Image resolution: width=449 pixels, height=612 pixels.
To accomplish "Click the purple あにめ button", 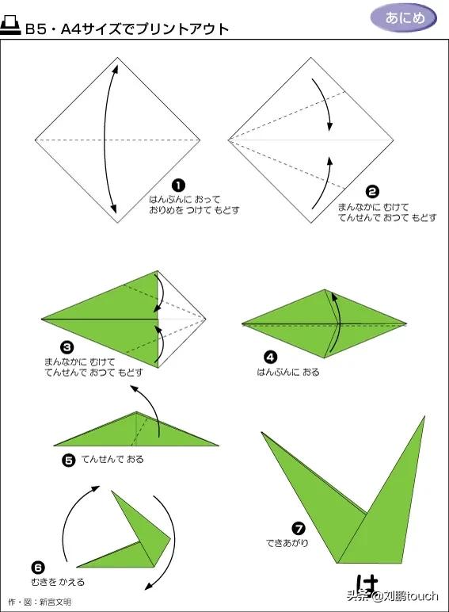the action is (403, 17).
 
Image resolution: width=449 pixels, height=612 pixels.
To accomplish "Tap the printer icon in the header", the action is (10, 26).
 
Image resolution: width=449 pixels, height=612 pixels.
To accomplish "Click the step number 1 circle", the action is (178, 186).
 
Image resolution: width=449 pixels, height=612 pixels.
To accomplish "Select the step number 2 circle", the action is (372, 192).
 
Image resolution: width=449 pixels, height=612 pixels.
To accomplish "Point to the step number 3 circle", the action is (67, 347).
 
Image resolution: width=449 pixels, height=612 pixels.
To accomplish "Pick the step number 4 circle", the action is (271, 357).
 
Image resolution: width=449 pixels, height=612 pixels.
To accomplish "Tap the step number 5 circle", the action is (69, 461).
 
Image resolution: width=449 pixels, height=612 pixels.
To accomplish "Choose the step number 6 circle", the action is (38, 567).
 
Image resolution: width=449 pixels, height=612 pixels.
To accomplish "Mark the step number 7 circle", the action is (299, 529).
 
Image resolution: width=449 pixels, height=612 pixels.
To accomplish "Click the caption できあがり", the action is (287, 543).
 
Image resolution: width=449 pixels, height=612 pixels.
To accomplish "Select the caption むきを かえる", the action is (58, 582).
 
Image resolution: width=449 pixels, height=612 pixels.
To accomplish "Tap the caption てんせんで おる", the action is (112, 459).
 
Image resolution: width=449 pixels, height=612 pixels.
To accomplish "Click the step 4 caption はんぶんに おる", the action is (288, 372).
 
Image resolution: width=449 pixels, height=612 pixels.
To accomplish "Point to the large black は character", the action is (367, 584).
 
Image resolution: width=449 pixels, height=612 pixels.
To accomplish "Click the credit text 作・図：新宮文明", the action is (40, 602).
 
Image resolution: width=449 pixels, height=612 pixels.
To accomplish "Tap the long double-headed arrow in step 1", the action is (104, 140).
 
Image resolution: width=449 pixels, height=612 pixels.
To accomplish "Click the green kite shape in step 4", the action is (324, 323).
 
